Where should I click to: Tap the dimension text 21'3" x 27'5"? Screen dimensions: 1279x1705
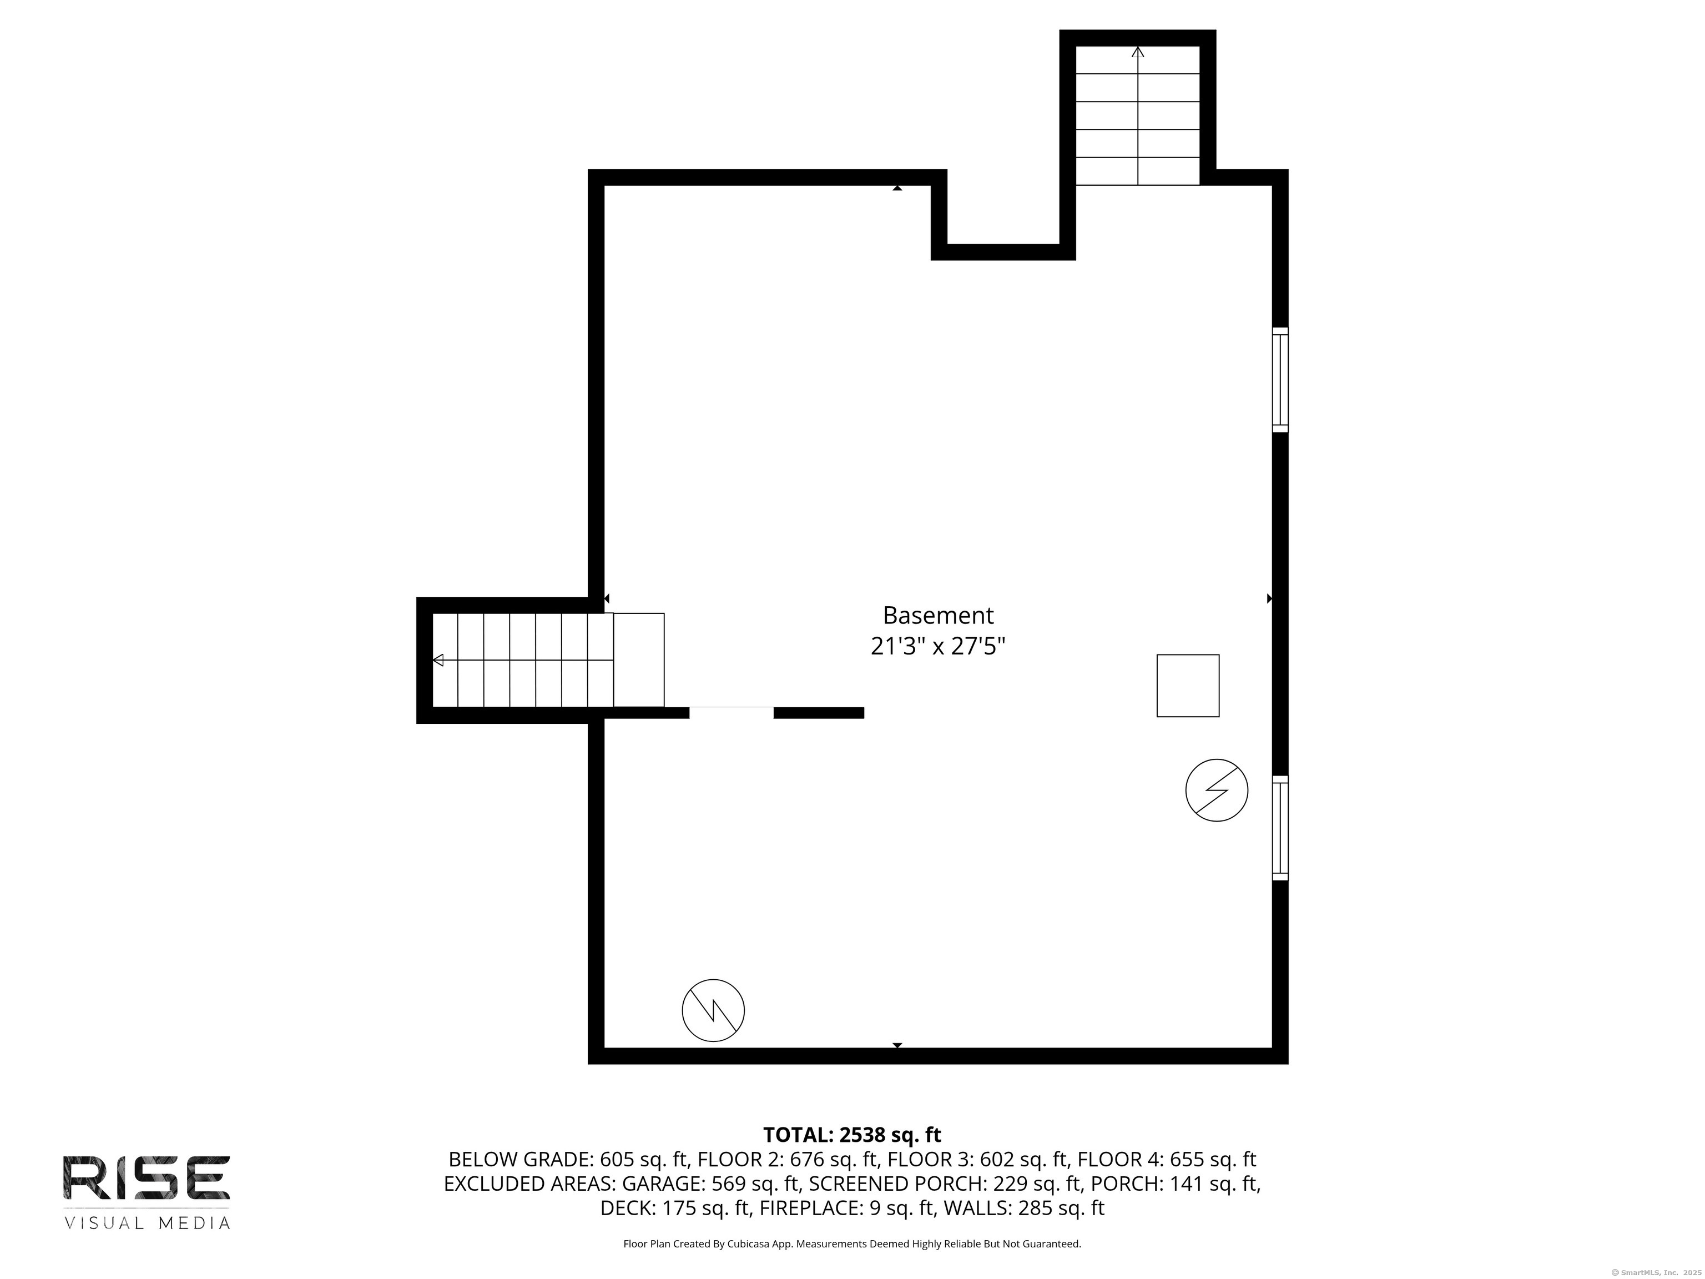[x=937, y=646]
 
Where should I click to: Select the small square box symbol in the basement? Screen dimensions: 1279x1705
[x=1187, y=686]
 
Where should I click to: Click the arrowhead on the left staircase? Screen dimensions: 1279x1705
[x=438, y=660]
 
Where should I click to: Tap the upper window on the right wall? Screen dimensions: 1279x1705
[x=1279, y=379]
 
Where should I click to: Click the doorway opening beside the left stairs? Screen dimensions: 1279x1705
[x=731, y=712]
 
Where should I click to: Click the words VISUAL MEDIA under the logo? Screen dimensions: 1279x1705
[x=147, y=1223]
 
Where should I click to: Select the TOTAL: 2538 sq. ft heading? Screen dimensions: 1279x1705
[x=852, y=1135]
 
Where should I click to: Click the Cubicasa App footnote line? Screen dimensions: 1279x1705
[x=852, y=1243]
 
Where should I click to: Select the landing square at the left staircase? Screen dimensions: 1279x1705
[x=638, y=660]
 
